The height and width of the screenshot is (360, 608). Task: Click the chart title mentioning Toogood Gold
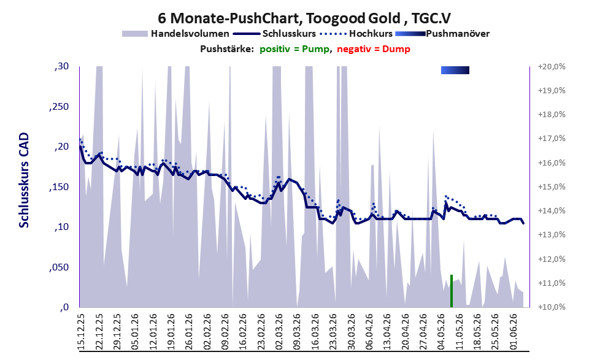[x=304, y=18]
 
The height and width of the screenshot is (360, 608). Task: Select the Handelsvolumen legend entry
[x=175, y=34]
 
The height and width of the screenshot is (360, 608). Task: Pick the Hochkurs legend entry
[x=356, y=34]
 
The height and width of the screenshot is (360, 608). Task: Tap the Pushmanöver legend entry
[x=442, y=34]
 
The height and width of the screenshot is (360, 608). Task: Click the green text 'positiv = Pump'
[x=294, y=49]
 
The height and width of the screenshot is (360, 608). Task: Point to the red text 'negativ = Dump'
[x=374, y=49]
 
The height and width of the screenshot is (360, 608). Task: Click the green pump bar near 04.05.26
[x=452, y=291]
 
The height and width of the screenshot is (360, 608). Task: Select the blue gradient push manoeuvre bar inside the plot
[x=455, y=70]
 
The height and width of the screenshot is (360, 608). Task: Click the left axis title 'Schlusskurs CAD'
[x=24, y=180]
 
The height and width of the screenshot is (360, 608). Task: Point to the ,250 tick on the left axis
[x=59, y=107]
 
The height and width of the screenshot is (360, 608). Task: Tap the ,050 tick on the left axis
[x=59, y=267]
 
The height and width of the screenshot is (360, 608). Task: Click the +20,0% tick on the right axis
[x=552, y=67]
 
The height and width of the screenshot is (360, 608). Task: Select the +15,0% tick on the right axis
[x=552, y=187]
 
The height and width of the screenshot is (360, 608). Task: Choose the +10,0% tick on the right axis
[x=552, y=307]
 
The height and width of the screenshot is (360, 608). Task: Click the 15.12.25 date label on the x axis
[x=81, y=332]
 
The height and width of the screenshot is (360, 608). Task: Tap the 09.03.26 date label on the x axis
[x=296, y=332]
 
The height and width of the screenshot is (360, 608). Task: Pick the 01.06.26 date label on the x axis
[x=514, y=332]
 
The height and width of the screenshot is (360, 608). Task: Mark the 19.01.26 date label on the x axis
[x=171, y=332]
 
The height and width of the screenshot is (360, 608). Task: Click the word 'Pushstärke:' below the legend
[x=227, y=49]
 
